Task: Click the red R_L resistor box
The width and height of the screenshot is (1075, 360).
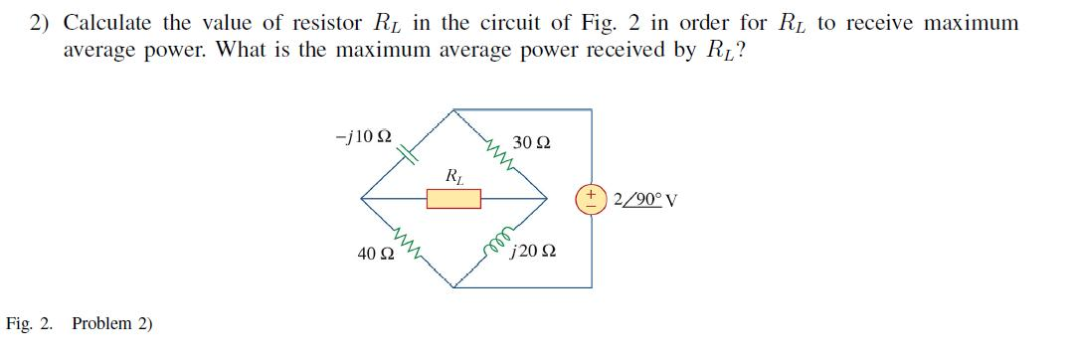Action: (453, 200)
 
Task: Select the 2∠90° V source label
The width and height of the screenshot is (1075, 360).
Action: (646, 198)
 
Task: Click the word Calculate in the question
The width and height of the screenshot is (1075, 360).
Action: (111, 23)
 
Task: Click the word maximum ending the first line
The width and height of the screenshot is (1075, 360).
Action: (967, 23)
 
